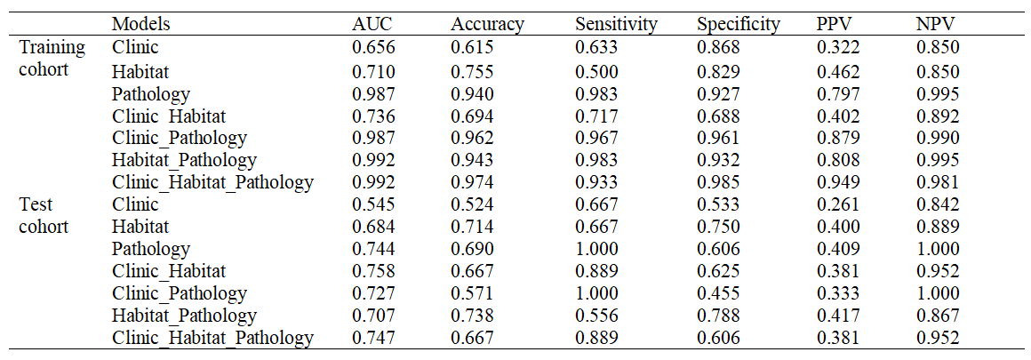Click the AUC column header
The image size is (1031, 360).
click(372, 24)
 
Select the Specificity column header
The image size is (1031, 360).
click(739, 25)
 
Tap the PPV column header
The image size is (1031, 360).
click(835, 24)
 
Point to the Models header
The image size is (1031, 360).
click(141, 24)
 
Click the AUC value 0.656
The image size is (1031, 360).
click(372, 47)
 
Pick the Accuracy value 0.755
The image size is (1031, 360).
click(471, 71)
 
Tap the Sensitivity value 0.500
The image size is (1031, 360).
click(595, 71)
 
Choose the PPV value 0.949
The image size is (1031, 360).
click(835, 182)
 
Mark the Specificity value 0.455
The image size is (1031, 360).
click(717, 292)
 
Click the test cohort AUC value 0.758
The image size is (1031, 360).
click(372, 270)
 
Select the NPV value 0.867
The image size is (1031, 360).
click(936, 316)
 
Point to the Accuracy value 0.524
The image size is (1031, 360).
click(471, 204)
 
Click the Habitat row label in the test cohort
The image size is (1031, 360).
click(140, 227)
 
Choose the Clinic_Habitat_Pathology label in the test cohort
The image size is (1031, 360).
click(212, 339)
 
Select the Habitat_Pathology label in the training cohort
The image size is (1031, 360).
click(184, 161)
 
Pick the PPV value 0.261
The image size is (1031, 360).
click(835, 204)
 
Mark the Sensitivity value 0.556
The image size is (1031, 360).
click(595, 316)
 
